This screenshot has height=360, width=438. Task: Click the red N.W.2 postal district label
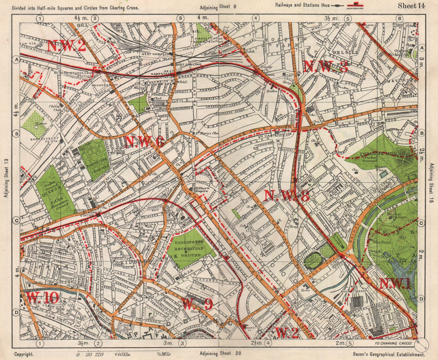(67, 46)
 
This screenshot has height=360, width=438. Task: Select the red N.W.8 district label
(287, 196)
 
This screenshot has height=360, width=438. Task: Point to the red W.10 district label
(42, 298)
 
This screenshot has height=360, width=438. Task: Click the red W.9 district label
(197, 303)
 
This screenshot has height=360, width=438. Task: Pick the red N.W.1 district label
(395, 284)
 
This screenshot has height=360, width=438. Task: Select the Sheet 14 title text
(411, 6)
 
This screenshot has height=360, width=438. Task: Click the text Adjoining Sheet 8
(218, 7)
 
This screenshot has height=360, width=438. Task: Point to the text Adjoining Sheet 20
(220, 353)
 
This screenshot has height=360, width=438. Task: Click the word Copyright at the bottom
(25, 353)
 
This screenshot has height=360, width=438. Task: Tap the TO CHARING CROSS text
(393, 343)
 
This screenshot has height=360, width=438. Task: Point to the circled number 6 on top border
(399, 18)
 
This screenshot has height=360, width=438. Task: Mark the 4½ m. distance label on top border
(79, 18)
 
